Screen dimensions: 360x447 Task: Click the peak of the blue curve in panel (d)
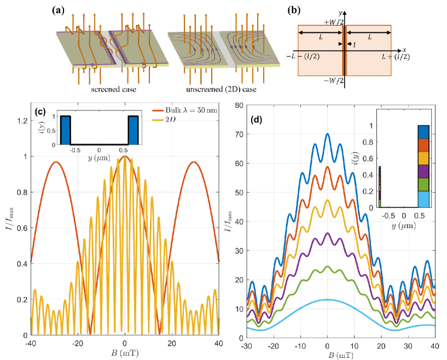[327, 134]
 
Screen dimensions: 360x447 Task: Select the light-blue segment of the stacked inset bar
[423, 199]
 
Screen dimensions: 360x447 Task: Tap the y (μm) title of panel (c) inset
[99, 159]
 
